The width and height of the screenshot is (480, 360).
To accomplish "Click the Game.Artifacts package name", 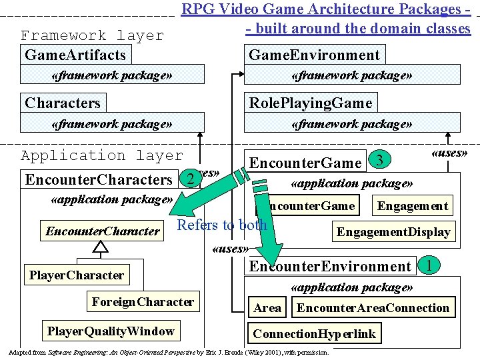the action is click(x=75, y=55).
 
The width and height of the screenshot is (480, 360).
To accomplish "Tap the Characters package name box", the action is click(x=63, y=103).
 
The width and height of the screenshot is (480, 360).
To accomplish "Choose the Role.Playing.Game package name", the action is click(x=310, y=103).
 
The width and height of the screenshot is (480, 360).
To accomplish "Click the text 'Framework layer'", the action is click(x=92, y=35).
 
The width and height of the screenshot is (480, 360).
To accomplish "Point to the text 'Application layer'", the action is click(x=101, y=155).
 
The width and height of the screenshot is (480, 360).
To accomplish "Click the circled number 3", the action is click(x=379, y=160).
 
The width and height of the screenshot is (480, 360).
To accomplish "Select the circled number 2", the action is click(x=191, y=179).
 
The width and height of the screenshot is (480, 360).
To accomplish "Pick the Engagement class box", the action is click(x=413, y=205).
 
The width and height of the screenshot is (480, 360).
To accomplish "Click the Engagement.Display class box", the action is click(x=393, y=232).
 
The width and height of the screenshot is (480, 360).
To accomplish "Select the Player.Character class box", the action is click(x=77, y=275).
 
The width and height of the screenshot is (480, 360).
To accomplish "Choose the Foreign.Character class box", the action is click(x=143, y=302).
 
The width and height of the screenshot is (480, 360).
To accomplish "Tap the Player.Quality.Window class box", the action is click(x=111, y=331).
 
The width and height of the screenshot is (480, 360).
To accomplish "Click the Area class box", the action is click(x=267, y=308).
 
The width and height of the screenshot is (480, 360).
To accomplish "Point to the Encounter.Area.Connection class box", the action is click(x=373, y=308).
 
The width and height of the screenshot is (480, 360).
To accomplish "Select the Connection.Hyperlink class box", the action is click(x=314, y=333).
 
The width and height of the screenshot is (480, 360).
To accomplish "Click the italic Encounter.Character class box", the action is click(x=103, y=231).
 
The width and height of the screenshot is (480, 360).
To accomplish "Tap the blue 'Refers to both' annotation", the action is click(x=222, y=225).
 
